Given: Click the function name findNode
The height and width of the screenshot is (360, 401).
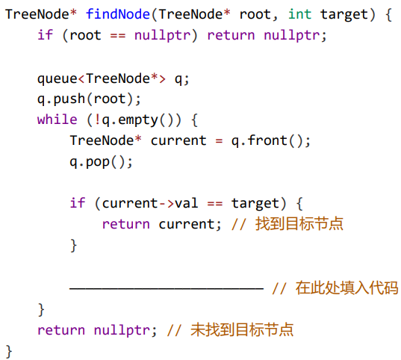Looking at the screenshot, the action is coord(118,13).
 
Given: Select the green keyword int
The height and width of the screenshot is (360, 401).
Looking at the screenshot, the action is coord(299,13).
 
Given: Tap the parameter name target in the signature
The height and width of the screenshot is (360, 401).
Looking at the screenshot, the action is coord(344,15).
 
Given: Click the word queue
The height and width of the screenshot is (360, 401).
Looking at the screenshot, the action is coord(57,79).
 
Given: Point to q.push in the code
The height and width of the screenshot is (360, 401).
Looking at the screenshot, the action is coord(61,99).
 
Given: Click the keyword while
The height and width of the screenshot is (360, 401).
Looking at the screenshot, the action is coord(57,120).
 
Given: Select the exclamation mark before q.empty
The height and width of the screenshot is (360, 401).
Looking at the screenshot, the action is coord(97,120).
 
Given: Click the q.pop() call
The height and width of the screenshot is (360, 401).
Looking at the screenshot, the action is coord(99,162).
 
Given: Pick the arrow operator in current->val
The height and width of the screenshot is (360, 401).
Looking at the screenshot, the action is coord(167,204).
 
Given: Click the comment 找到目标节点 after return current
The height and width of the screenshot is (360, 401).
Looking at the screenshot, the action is coord(299,223).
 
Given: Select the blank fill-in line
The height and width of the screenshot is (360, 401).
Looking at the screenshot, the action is coord(167,288).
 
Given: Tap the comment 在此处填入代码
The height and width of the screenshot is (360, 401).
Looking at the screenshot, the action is coord(346,288).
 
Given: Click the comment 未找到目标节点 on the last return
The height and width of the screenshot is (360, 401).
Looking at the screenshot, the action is coord(242,329).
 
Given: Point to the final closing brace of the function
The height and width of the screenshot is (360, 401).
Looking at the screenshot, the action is coord(9,351).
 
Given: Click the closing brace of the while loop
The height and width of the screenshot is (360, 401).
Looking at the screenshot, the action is coord(41,310).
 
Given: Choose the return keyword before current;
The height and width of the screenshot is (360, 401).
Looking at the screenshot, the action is coord(125,224).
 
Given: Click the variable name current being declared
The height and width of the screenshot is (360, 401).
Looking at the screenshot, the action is coord(178,140).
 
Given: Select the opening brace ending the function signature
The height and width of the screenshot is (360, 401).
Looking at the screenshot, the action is coord(388,15).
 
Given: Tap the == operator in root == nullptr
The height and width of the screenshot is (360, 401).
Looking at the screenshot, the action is coord(118,35).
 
